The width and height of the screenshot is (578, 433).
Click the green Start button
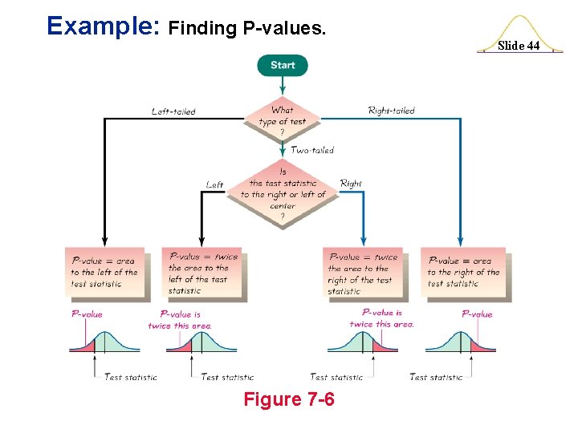coord(283,65)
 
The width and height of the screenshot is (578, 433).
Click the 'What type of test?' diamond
coord(283,121)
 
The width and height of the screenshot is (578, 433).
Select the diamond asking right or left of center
coord(283,193)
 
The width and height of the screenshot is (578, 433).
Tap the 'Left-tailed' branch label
coord(173,111)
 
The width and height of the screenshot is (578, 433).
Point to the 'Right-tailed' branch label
coord(391,111)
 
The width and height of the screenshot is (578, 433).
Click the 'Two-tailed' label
coord(312,150)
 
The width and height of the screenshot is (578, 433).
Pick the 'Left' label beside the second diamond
coord(214,184)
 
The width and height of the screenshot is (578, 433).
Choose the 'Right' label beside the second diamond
coord(351,184)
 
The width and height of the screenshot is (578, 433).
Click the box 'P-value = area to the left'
coord(104,273)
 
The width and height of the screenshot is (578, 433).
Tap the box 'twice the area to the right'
coord(363,273)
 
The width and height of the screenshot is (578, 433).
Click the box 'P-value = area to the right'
coord(462,273)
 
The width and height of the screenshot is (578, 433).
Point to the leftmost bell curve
coord(104,341)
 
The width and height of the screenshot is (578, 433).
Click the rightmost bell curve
coord(461,341)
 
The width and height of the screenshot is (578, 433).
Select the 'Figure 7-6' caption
coord(290,399)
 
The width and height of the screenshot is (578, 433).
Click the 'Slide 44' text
coord(519,46)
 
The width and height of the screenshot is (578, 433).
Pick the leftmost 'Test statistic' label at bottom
coord(131,377)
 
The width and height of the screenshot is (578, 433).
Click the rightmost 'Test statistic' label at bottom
coord(436,377)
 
